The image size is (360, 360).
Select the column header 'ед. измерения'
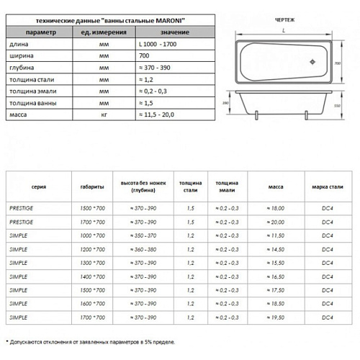pyautogui.click(x=105, y=32)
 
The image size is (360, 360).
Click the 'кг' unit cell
pyautogui.click(x=105, y=114)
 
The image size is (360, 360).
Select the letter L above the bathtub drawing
pyautogui.click(x=283, y=32)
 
